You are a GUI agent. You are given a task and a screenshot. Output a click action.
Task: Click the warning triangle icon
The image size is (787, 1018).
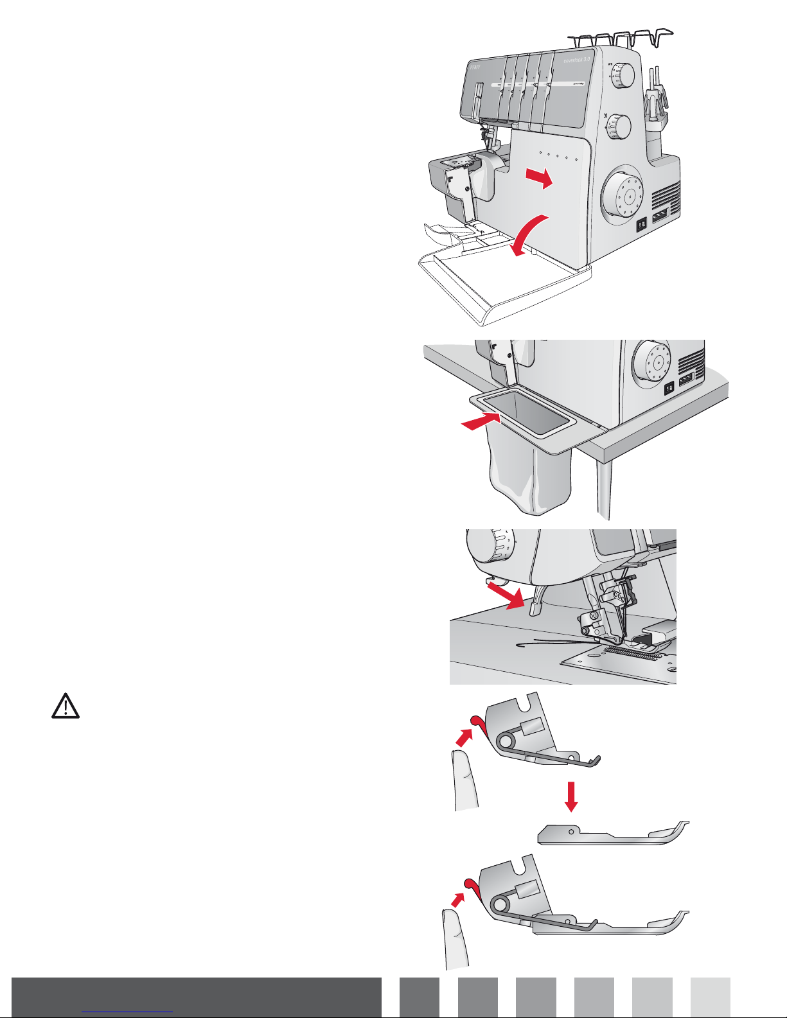tap(65, 706)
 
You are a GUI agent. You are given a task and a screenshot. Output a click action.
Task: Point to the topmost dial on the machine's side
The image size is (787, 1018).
tap(621, 76)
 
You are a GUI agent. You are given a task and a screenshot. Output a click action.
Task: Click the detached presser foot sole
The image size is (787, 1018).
tap(610, 834)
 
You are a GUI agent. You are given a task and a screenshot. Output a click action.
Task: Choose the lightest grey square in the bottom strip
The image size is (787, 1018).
tap(711, 997)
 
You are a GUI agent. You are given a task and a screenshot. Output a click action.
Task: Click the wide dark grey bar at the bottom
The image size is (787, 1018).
tap(197, 997)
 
